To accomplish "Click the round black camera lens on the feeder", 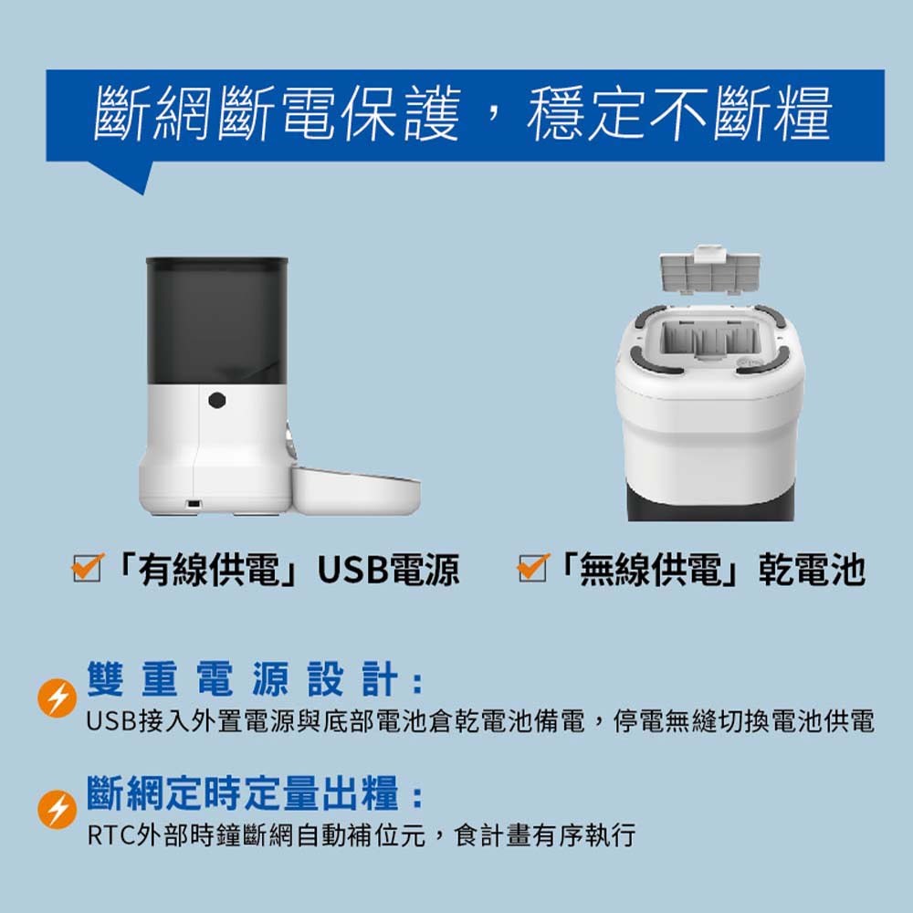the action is (x=216, y=400).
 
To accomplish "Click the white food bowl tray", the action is (x=355, y=491).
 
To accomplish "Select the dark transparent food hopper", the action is (x=216, y=320).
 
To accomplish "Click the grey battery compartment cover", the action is (x=709, y=270).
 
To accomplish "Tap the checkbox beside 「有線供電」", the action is (x=88, y=568).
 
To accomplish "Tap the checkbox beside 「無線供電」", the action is (x=533, y=568).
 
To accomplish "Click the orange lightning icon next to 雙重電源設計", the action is (x=57, y=698).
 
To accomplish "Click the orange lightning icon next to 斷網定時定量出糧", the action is (x=57, y=809).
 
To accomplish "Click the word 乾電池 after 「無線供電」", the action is (x=812, y=570).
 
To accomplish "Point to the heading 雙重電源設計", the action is (x=245, y=679).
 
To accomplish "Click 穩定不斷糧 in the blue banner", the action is (x=679, y=113).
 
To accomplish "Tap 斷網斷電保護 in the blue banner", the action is (x=278, y=113).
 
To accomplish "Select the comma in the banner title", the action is (x=494, y=110).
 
